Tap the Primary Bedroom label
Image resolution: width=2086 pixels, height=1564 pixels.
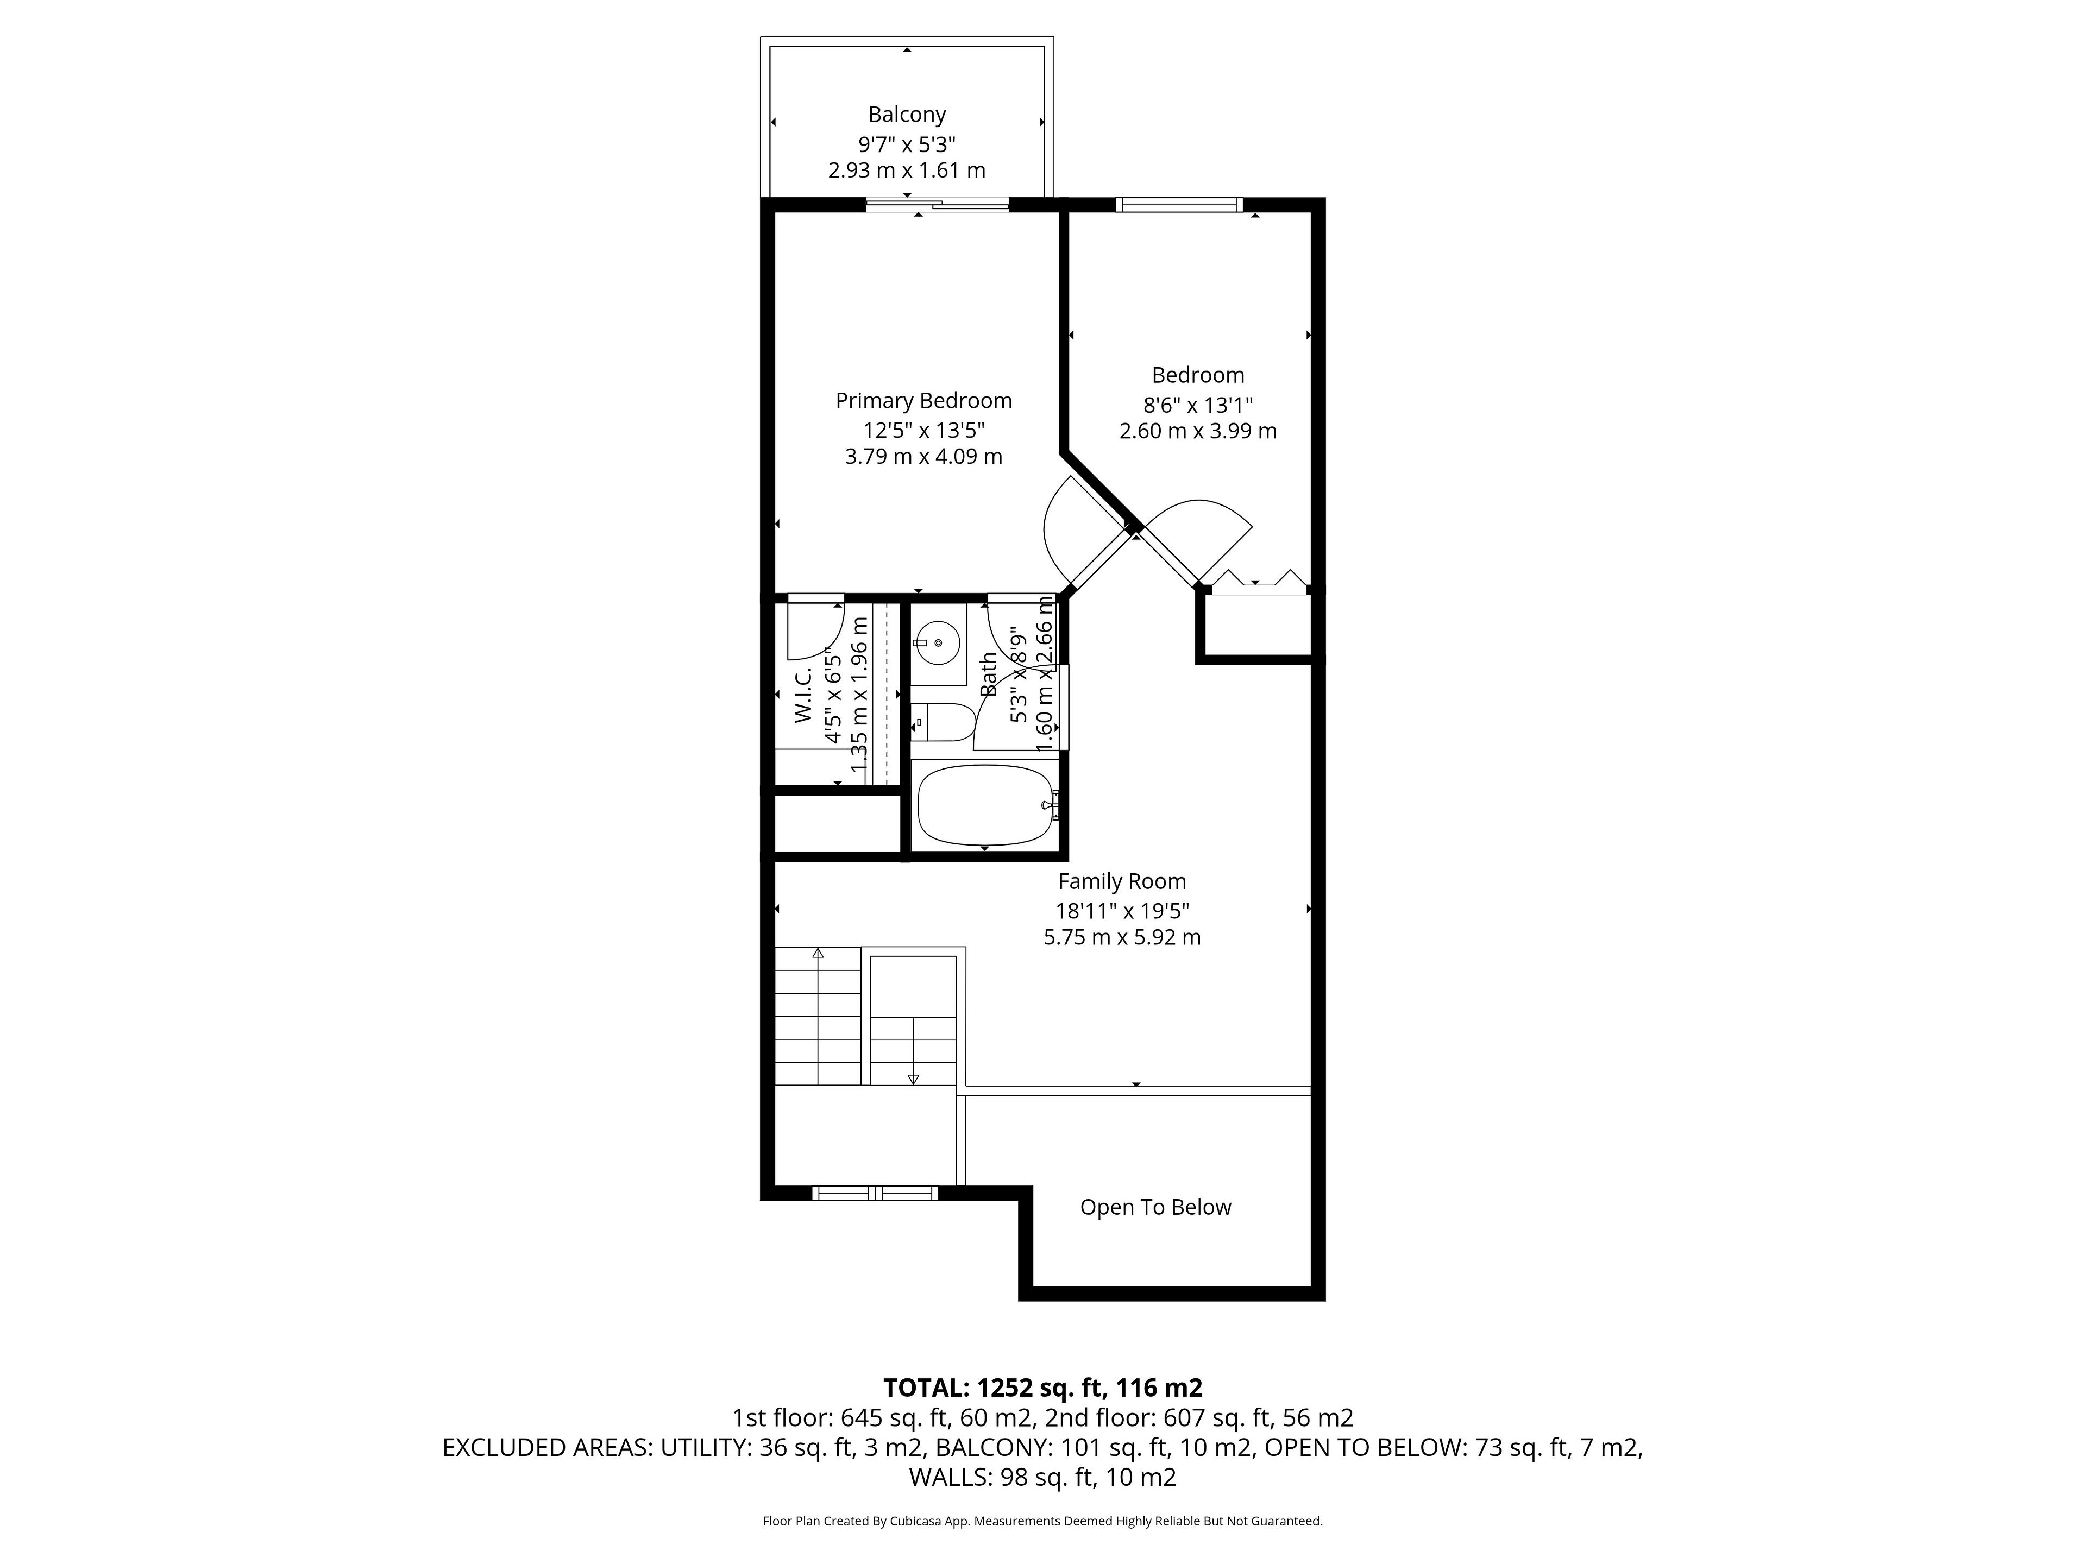(923, 401)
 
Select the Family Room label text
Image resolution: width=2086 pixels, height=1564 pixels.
(1121, 881)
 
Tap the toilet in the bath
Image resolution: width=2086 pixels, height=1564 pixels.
(941, 722)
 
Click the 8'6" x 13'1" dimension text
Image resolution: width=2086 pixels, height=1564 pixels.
(1198, 405)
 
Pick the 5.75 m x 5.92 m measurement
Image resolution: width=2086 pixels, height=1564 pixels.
(1121, 937)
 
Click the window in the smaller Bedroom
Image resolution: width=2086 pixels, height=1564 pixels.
(1179, 205)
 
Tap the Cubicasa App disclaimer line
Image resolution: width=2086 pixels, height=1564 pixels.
(1042, 1521)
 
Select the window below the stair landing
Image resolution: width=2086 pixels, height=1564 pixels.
(875, 1193)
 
